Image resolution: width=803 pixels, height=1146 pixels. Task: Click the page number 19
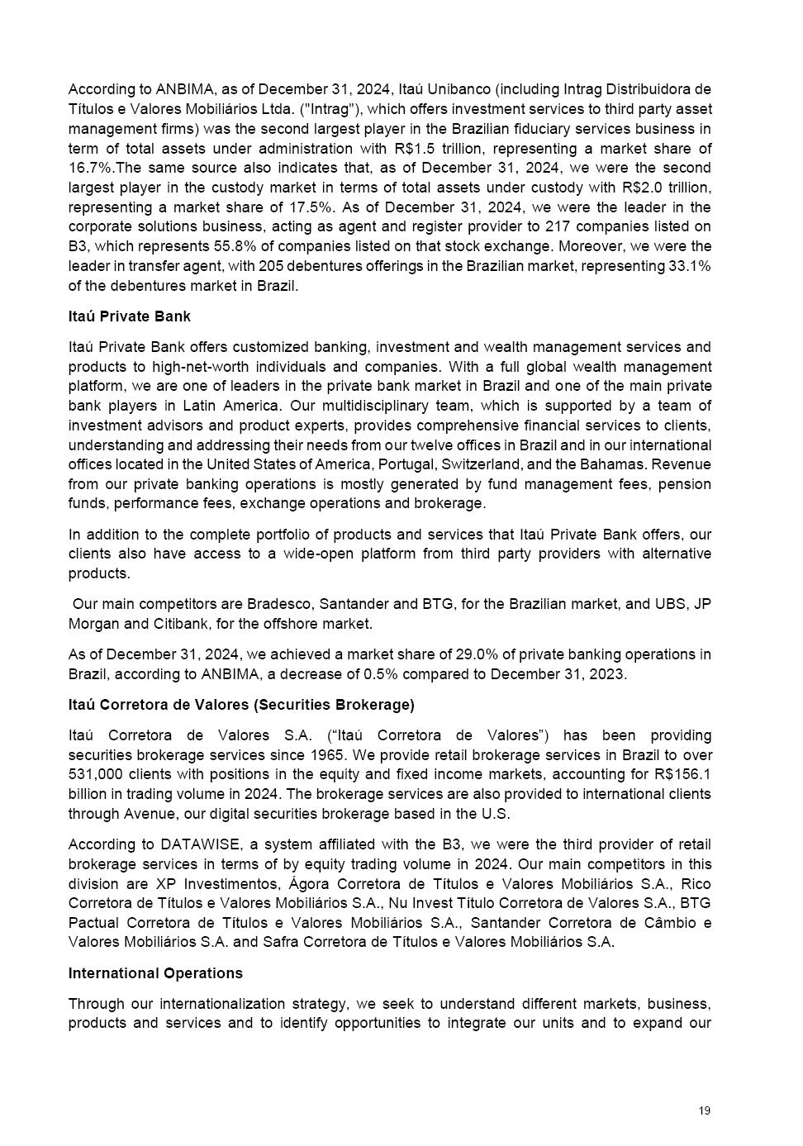[704, 1110]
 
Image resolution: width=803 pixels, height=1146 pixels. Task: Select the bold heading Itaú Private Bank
[130, 316]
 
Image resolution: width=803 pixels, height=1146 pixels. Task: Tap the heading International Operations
[155, 973]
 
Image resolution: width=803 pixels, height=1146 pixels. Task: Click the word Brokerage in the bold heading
[378, 705]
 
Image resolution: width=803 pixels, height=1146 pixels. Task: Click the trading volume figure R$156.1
[681, 775]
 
